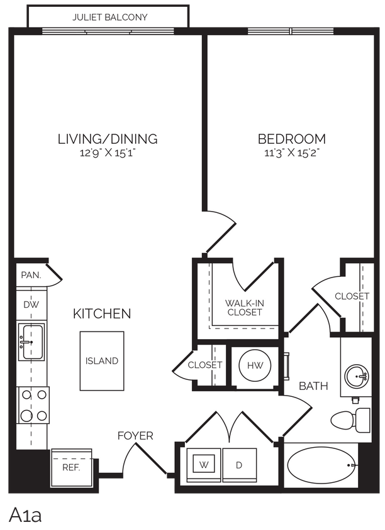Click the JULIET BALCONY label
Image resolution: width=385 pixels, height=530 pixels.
(x=109, y=17)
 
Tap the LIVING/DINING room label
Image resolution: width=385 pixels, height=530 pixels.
(x=108, y=139)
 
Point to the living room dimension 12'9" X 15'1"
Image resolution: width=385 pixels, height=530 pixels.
(x=108, y=153)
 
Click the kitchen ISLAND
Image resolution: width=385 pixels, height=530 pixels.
(x=102, y=360)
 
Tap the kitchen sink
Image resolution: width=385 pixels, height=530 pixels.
(x=31, y=342)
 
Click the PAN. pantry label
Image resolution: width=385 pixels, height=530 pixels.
(x=31, y=275)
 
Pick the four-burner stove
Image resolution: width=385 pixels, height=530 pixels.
(x=34, y=405)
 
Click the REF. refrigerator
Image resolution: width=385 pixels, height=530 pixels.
(x=71, y=467)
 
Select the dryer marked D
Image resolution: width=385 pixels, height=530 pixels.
(x=239, y=466)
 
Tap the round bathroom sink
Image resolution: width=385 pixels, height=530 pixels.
(x=356, y=376)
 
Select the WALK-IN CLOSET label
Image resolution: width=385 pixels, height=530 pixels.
(x=244, y=307)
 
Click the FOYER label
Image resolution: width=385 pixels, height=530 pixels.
(x=135, y=435)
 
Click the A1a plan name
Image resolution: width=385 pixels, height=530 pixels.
(x=26, y=515)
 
